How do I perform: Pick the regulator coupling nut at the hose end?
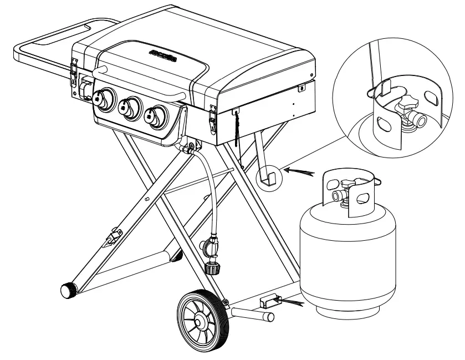(x=212, y=268)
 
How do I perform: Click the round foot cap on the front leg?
(x=68, y=290)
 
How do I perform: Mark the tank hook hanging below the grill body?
(x=267, y=176)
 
